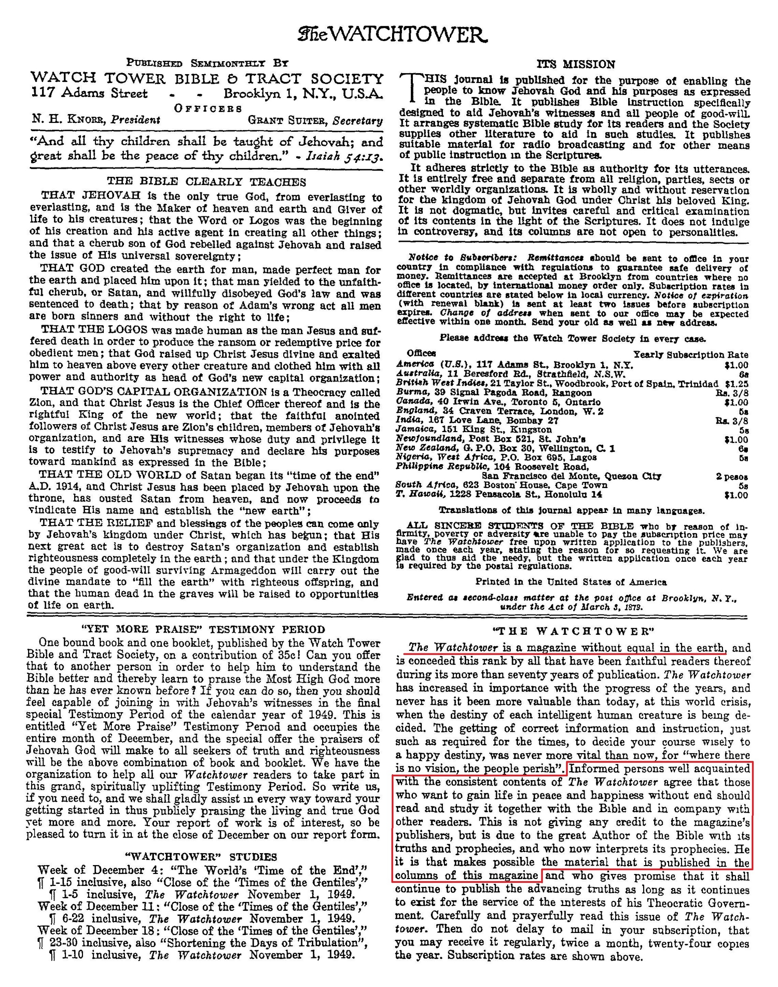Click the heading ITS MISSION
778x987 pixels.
(x=576, y=64)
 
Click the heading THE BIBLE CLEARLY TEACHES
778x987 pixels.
(x=206, y=182)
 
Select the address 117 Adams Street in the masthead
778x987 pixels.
(x=89, y=93)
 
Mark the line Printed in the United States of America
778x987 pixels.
(x=571, y=582)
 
